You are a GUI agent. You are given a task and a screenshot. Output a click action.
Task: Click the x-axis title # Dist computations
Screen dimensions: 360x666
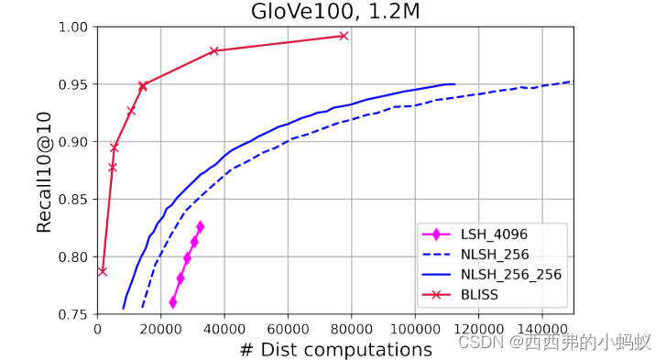335,350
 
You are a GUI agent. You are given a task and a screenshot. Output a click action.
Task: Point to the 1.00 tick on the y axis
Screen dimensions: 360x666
74,27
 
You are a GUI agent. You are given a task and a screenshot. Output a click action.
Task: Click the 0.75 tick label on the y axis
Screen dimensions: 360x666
74,314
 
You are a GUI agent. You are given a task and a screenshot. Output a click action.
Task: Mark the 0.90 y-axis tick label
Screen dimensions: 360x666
74,142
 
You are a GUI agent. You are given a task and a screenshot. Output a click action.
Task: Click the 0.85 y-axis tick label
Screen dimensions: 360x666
74,200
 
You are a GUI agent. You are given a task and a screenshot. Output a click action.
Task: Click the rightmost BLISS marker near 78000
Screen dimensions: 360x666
344,36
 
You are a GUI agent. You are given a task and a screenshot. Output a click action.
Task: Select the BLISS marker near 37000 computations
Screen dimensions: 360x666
214,51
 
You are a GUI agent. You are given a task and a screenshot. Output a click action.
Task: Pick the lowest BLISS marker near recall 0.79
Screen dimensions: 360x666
103,271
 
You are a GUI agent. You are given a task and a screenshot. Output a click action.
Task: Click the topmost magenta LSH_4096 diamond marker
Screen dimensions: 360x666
200,226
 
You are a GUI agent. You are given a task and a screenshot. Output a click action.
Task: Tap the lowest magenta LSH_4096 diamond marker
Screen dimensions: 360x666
173,301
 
